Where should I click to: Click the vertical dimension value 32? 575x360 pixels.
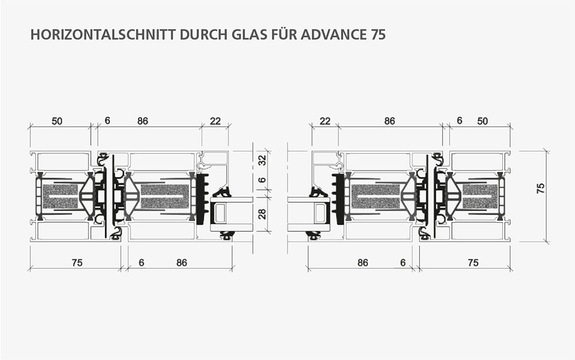pos(262,160)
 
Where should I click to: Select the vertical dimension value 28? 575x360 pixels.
pos(262,214)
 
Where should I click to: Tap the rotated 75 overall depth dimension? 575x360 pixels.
pos(541,188)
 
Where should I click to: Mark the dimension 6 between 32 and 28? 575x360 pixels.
pos(262,180)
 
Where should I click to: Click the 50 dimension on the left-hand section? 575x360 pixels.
pos(57,121)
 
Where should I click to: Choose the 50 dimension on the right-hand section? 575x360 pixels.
pos(482,121)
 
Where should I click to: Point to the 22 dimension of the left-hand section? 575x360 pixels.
pos(215,121)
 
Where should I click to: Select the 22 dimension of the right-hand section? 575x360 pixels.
pos(325,121)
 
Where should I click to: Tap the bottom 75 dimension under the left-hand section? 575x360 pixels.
pos(77,262)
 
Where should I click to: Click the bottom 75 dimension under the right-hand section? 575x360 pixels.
pos(473,262)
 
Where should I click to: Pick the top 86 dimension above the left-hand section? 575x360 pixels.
pos(143,121)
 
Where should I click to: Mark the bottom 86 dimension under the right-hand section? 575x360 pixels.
pos(363,262)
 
